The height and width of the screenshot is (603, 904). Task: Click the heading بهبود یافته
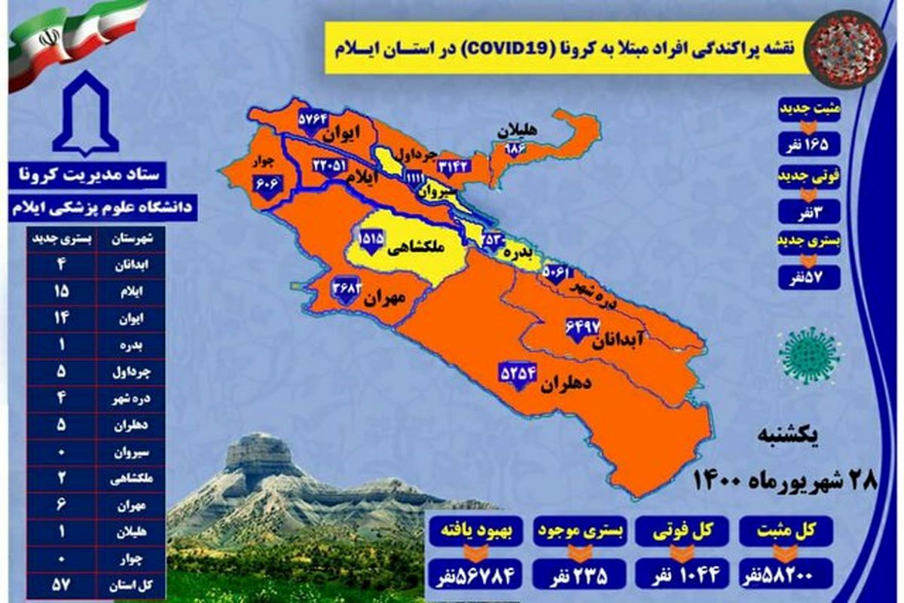pos(476,530)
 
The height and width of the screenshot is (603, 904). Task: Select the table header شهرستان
pos(135,239)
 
